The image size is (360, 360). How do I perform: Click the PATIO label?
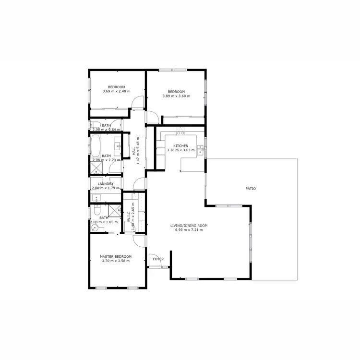[251, 189]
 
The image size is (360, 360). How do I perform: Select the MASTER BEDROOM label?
[116, 256]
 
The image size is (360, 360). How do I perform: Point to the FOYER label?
[158, 259]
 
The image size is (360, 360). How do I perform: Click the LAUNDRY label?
[105, 184]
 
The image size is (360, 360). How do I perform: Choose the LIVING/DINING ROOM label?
[189, 225]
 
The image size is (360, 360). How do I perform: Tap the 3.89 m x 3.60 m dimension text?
[176, 96]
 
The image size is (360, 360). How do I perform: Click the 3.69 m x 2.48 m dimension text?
[116, 91]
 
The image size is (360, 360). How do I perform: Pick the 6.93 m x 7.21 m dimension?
[189, 230]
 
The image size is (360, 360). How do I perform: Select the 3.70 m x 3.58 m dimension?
[116, 261]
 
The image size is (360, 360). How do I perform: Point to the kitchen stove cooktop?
[180, 132]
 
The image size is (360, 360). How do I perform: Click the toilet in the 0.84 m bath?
[94, 126]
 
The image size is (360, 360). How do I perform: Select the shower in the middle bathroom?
[96, 168]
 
